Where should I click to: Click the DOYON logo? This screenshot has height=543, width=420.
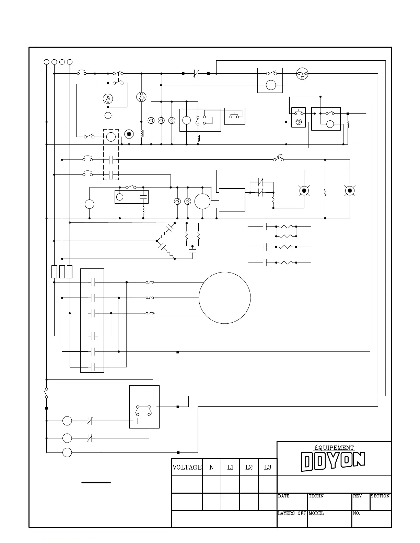pos(333,461)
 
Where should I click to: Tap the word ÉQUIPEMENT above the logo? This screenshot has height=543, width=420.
pos(334,447)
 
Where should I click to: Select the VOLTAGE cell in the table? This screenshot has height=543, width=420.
pos(187,467)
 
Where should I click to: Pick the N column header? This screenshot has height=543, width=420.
pos(212,467)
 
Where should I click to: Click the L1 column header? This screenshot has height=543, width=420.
pos(230,467)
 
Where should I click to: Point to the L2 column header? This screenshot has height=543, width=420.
pos(249,467)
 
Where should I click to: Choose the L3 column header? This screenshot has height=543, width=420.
pos(267,467)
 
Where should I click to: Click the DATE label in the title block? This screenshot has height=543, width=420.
pos(284,496)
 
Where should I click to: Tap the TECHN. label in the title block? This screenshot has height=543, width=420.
pos(317,496)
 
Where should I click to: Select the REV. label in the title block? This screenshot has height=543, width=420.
pos(358,496)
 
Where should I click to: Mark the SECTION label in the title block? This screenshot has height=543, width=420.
pos(380,496)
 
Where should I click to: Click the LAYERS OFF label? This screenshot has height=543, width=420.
pos(292,513)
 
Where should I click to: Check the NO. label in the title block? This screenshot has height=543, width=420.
pos(357,513)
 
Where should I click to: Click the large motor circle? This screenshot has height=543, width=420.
pos(225,298)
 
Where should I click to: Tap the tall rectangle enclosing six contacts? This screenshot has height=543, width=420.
pos(92,321)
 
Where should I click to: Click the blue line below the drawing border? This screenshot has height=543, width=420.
pos(68,540)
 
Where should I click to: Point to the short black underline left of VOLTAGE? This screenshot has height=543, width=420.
pos(96,483)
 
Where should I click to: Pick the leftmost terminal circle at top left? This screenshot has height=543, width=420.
pos(46,62)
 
